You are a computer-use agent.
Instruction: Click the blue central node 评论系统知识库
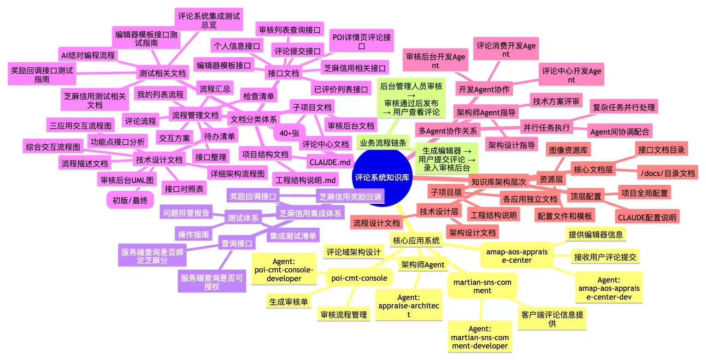(382, 177)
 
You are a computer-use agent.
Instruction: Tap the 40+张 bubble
(289, 133)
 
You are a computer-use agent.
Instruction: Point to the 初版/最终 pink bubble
(130, 200)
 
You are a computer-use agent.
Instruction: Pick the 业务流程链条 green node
(383, 143)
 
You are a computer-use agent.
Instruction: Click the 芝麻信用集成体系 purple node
(311, 213)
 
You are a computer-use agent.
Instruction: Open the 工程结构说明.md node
(305, 179)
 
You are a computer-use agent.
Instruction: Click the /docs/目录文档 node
(667, 173)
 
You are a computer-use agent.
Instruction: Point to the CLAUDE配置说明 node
(647, 217)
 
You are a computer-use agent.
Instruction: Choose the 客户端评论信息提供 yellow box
(552, 319)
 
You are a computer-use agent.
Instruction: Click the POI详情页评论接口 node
(362, 41)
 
